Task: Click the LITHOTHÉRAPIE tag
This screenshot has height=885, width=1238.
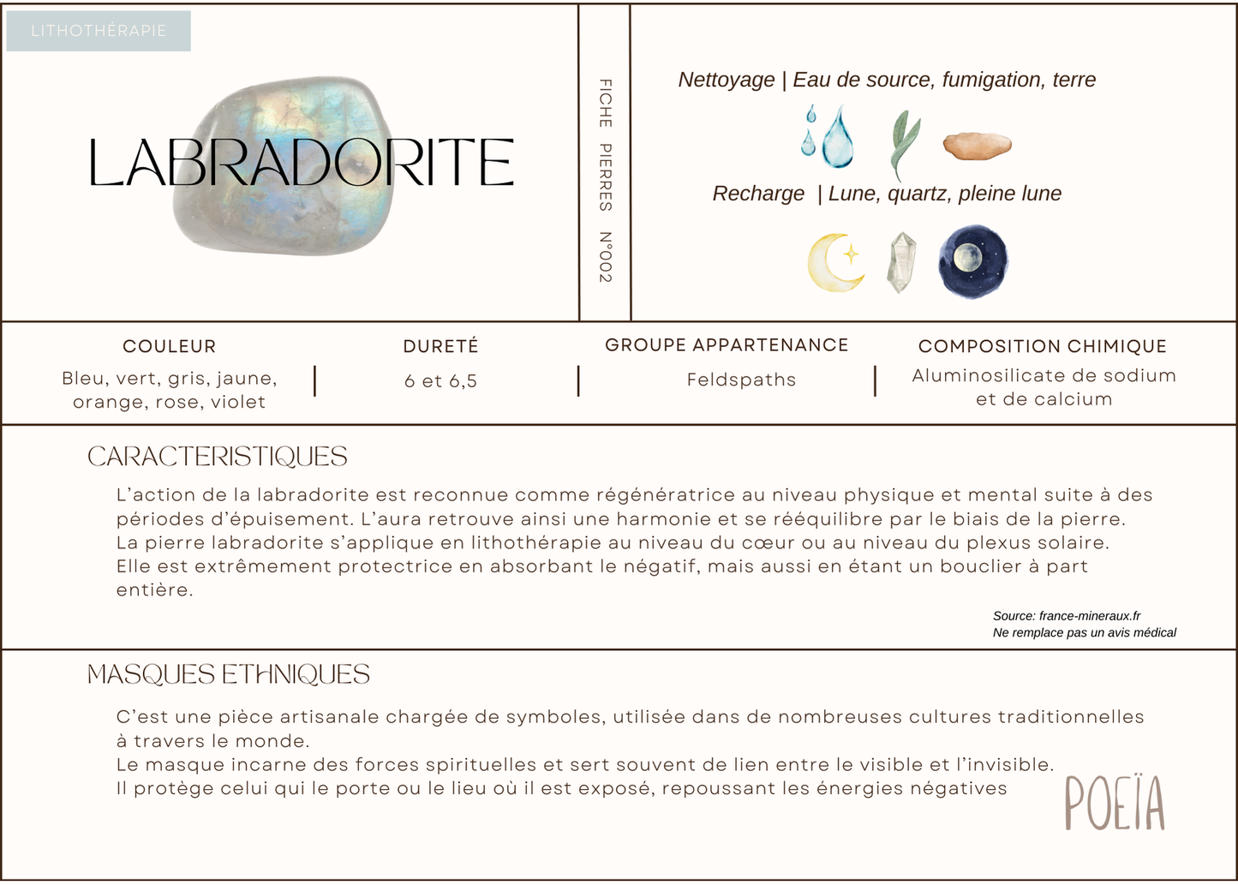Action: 99,31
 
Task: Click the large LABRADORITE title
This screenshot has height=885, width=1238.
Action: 302,163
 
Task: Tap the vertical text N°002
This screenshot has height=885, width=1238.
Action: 605,257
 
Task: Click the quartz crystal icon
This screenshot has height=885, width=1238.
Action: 900,262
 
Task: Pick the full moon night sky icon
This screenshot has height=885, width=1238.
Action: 972,261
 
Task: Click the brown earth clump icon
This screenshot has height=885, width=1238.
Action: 978,146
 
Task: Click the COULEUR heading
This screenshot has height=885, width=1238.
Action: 170,346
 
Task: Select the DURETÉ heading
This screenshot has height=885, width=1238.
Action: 441,346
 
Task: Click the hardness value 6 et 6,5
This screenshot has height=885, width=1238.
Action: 440,381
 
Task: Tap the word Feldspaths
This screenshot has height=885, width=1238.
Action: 741,380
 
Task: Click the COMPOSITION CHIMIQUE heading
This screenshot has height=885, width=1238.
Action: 1043,346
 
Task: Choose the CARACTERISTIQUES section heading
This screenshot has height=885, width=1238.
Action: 218,457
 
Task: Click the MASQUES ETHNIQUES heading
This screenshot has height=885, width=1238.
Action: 229,675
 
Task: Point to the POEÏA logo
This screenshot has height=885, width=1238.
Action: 1115,803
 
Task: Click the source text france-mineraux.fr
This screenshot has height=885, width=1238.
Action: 1089,615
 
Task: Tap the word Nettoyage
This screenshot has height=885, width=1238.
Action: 726,80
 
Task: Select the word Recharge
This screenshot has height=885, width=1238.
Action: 758,194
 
